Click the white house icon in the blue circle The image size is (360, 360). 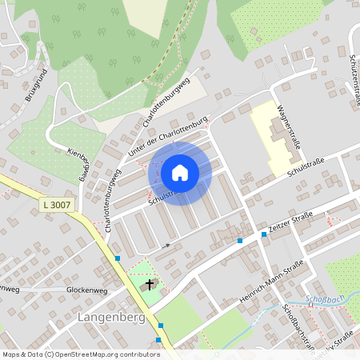[180, 172]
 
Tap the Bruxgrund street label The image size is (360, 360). [37, 84]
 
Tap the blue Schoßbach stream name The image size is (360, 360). [322, 302]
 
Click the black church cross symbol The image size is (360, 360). [149, 284]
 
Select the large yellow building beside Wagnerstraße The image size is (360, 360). [272, 136]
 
